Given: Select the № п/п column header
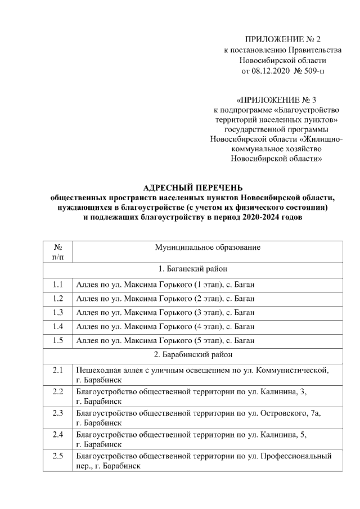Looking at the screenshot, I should point(58,252).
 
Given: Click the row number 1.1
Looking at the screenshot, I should point(58,283).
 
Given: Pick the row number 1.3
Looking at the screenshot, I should point(58,312).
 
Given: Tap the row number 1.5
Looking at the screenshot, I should point(58,340).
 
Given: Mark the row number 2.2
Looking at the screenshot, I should point(58,391).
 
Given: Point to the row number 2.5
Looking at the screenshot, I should point(58,456).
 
